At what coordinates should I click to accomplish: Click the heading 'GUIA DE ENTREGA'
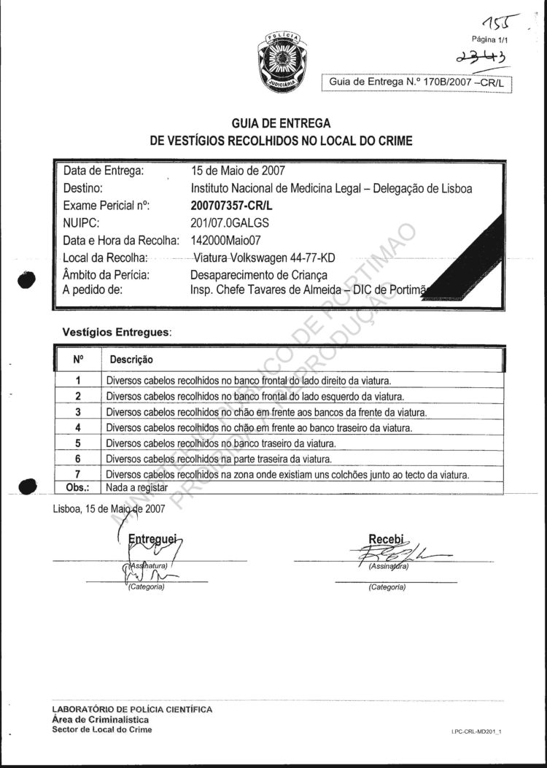281,123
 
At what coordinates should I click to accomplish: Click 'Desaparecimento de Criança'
259,275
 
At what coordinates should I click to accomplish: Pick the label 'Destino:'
86,188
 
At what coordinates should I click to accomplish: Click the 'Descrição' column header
131,360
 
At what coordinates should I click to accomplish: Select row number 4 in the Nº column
78,427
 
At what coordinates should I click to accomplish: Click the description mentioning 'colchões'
287,475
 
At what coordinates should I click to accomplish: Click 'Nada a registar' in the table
137,486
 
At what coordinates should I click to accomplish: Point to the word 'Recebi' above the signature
387,540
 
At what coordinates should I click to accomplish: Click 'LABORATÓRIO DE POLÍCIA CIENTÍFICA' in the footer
133,709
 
